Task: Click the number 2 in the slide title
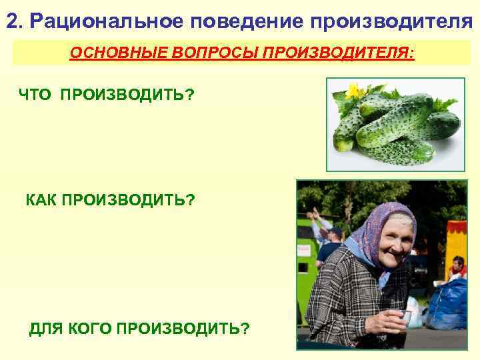[12, 21]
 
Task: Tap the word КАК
[41, 199]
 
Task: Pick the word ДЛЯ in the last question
[44, 329]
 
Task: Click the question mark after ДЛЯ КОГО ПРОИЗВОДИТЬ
[246, 329]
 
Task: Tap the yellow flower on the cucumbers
[353, 91]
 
